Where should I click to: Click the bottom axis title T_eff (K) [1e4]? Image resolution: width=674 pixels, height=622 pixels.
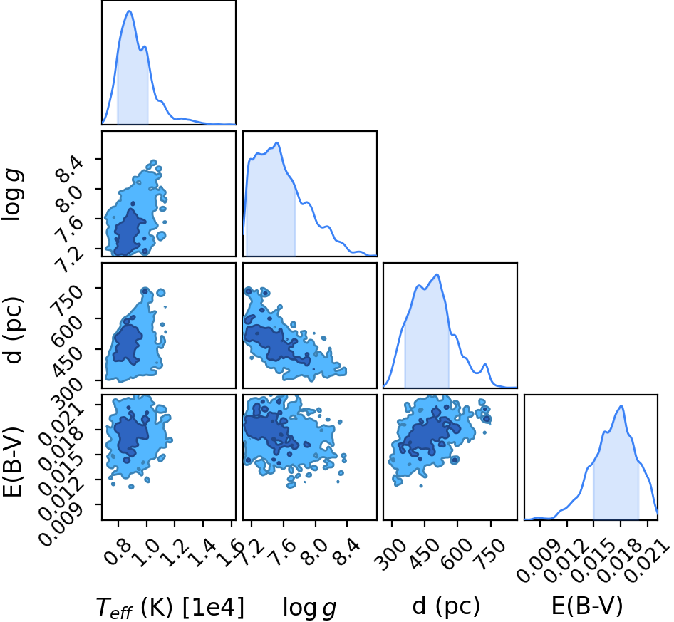pyautogui.click(x=170, y=608)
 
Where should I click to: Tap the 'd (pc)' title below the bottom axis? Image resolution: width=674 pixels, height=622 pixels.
pyautogui.click(x=446, y=606)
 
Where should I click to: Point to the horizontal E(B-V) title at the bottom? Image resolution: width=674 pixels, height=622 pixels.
pyautogui.click(x=587, y=606)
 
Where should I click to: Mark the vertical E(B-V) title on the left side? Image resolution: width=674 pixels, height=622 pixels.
pyautogui.click(x=12, y=462)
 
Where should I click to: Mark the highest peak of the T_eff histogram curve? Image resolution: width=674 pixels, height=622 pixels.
pyautogui.click(x=129, y=11)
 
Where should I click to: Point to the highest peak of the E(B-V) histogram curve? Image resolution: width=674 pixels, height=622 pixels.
pyautogui.click(x=621, y=406)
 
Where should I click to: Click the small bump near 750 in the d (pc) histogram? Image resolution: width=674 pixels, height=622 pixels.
pyautogui.click(x=486, y=365)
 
